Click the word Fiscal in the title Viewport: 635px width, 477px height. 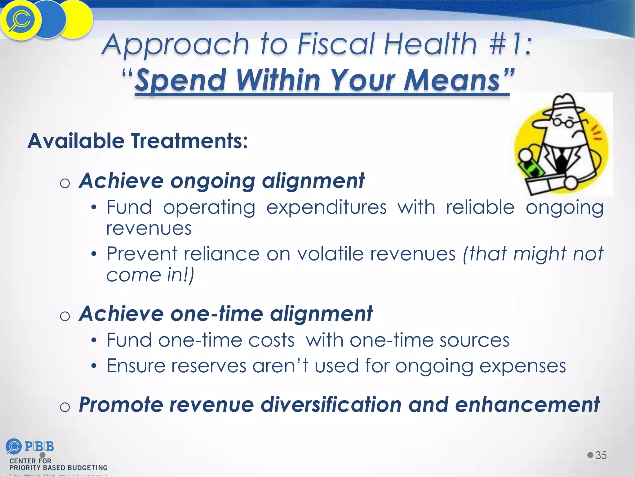click(x=336, y=44)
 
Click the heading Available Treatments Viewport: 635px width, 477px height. click(x=137, y=141)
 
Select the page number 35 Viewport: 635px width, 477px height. click(x=601, y=455)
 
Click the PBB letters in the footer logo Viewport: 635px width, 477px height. click(x=39, y=447)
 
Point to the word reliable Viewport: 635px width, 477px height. click(x=480, y=207)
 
